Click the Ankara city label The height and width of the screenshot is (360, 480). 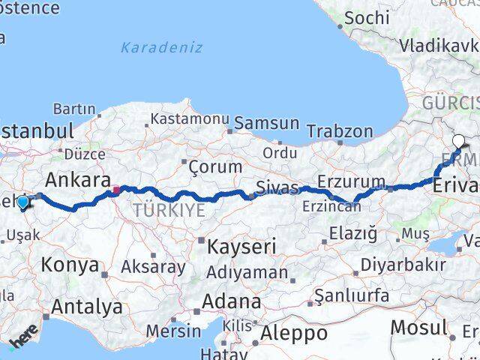73,180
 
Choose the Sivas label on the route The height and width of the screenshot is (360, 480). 277,187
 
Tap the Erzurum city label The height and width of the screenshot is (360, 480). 351,182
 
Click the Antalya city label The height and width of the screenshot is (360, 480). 86,306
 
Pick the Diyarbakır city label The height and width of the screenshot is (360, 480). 403,265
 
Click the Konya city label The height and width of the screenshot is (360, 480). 70,265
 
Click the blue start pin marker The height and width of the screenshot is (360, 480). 23,202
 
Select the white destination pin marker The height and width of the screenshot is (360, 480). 458,139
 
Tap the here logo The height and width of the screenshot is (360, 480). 22,340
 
